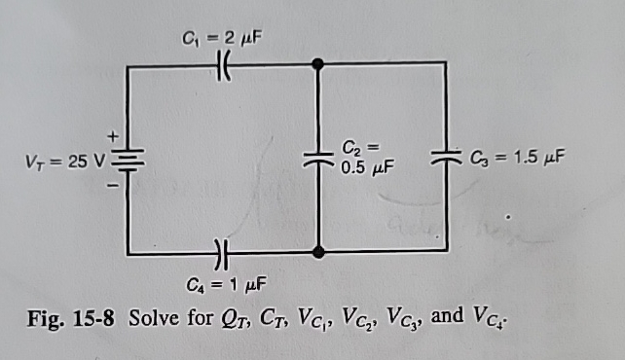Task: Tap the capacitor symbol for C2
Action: pos(318,158)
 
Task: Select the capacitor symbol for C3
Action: pos(447,155)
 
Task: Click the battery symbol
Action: pos(129,159)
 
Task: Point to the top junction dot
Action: pos(318,65)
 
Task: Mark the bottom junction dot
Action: pos(318,253)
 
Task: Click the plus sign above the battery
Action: pos(112,134)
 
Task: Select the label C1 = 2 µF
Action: pos(222,39)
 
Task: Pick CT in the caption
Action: pos(273,320)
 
